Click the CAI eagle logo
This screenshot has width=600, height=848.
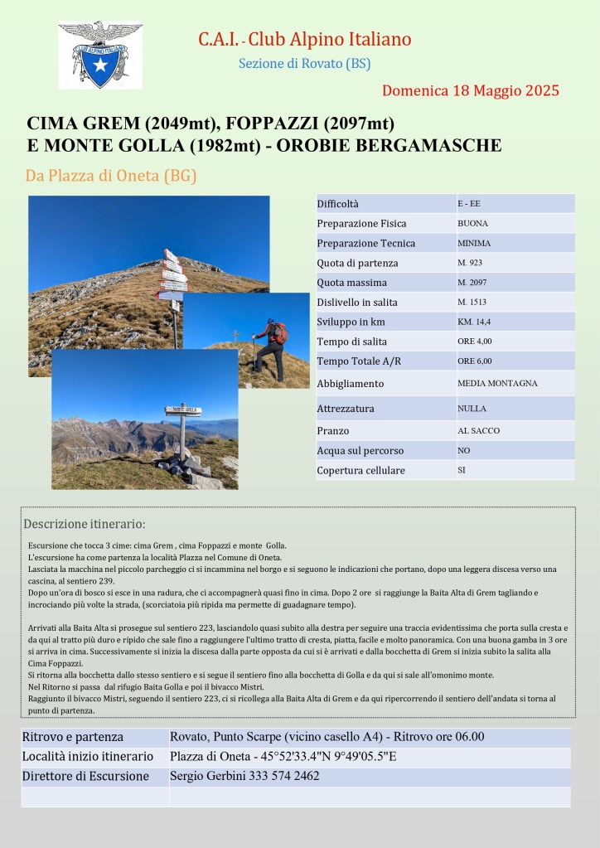pos(99,55)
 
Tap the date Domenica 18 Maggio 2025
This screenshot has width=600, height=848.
pos(471,90)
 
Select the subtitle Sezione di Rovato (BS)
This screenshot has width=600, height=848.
pos(304,63)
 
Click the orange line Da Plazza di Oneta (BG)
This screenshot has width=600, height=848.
pos(111,176)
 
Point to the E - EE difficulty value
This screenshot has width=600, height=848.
pos(468,203)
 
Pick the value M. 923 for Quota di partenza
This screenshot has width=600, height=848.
pos(469,263)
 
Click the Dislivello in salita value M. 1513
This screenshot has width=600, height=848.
pos(472,303)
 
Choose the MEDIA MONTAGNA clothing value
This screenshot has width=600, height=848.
pos(497,383)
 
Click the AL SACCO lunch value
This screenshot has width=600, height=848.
pos(478,430)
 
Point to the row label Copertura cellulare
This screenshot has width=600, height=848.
pos(360,470)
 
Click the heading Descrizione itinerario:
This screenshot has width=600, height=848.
pos(85,524)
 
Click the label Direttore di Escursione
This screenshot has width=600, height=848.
pos(85,776)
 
